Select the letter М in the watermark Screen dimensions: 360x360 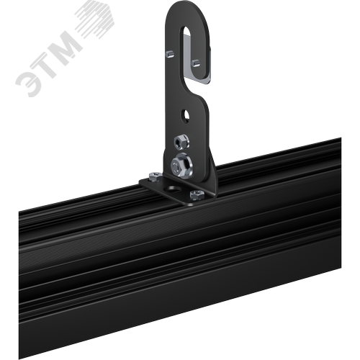[x=66, y=48]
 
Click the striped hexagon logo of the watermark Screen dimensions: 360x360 [x=95, y=19]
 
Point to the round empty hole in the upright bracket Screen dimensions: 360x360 [x=185, y=114]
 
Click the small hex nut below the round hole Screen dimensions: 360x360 [x=181, y=142]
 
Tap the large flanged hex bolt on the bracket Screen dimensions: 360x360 [x=181, y=165]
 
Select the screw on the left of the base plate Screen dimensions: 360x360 [x=156, y=176]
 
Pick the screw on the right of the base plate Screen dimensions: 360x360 [x=197, y=194]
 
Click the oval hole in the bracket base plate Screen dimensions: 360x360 [x=173, y=189]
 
